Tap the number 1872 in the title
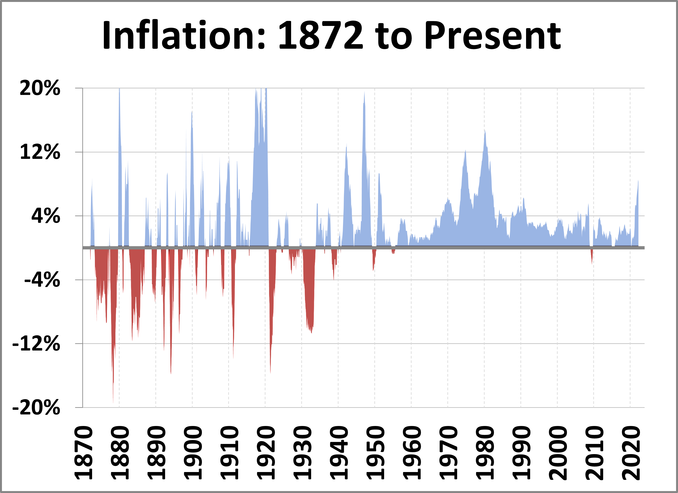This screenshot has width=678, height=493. [321, 35]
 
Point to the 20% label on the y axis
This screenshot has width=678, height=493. [40, 88]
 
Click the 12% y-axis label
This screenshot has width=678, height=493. [40, 152]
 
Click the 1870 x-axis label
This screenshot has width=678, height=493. [83, 453]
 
